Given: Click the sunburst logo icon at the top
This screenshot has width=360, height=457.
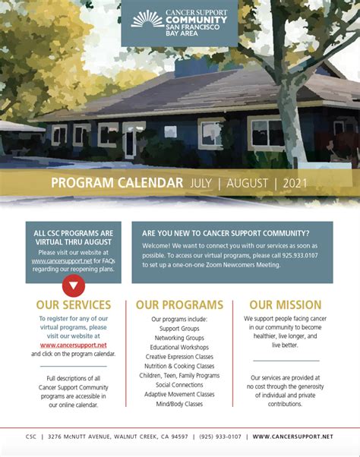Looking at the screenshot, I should pyautogui.click(x=147, y=18).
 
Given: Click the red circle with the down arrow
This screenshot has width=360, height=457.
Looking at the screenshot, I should pyautogui.click(x=74, y=285).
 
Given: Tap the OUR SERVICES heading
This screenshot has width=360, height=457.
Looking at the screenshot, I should pyautogui.click(x=74, y=305).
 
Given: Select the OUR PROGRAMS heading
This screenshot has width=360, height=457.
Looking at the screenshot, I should pyautogui.click(x=179, y=305).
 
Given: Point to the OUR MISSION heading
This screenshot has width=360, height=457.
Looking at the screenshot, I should pyautogui.click(x=285, y=305).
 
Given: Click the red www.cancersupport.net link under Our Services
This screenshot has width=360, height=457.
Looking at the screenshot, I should pyautogui.click(x=74, y=345).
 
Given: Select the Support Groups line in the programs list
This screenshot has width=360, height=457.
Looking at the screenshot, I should pyautogui.click(x=179, y=328).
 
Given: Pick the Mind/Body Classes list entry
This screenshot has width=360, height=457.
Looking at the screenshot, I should pyautogui.click(x=179, y=404).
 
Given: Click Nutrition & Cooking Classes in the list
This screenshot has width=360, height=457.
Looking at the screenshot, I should pyautogui.click(x=179, y=366).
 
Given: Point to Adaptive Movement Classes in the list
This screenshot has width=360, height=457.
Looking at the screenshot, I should pyautogui.click(x=179, y=394).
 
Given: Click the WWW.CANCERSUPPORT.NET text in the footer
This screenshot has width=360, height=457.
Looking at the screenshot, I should pyautogui.click(x=292, y=437).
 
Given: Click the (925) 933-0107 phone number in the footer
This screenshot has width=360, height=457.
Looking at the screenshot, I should pyautogui.click(x=220, y=437).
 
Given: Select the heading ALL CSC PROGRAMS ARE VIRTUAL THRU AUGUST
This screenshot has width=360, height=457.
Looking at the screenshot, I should pyautogui.click(x=74, y=238).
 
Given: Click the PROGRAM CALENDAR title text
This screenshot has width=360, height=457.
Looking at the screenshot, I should pyautogui.click(x=117, y=183).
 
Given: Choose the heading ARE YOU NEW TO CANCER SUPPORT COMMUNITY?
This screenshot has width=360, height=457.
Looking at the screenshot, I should pyautogui.click(x=226, y=233).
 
